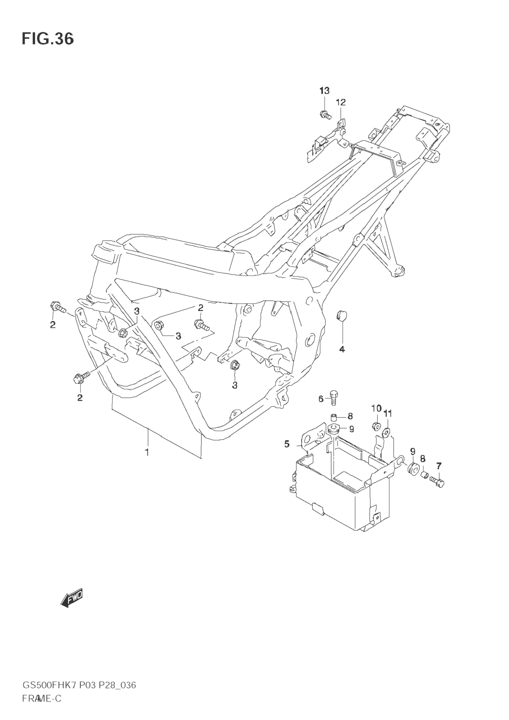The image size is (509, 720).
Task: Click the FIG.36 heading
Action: (48, 39)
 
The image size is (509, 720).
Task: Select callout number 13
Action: (324, 91)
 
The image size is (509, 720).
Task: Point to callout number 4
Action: (342, 349)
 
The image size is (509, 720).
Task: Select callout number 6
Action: (321, 399)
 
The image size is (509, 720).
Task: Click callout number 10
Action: (376, 408)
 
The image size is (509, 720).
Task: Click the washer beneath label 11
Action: (387, 433)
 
